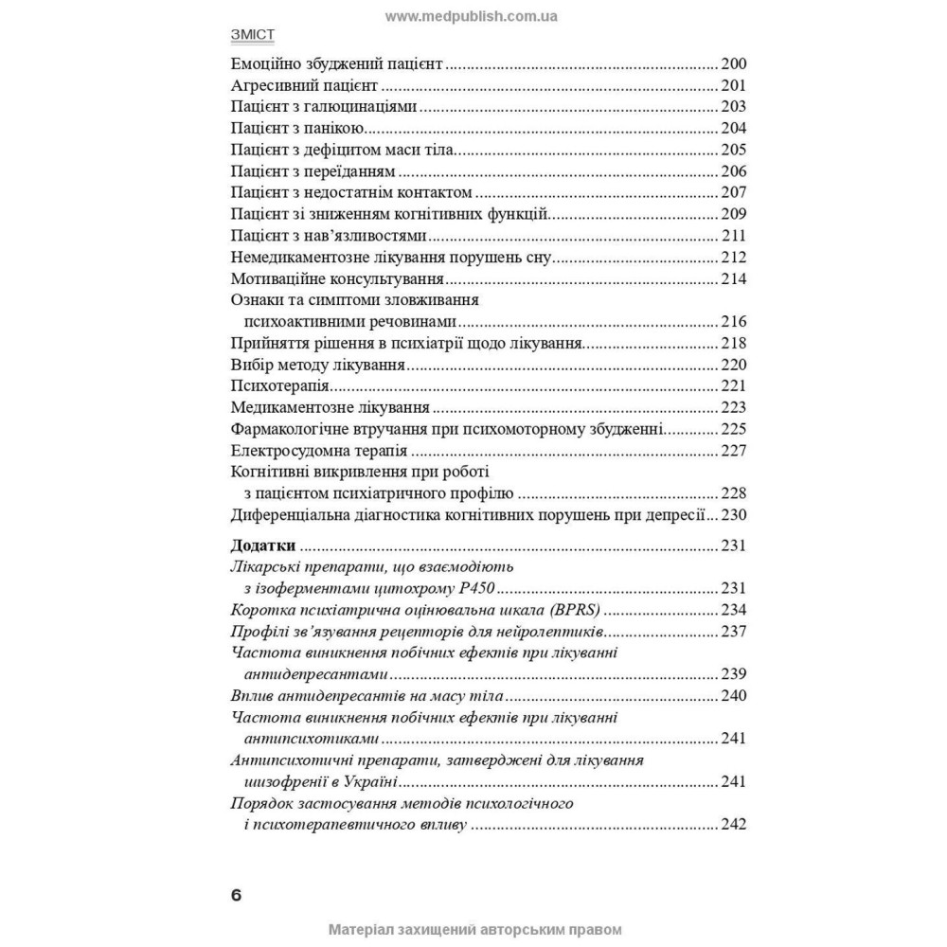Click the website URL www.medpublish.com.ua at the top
pyautogui.click(x=473, y=16)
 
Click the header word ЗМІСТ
pyautogui.click(x=253, y=36)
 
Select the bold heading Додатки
pyautogui.click(x=264, y=545)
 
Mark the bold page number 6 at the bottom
pyautogui.click(x=236, y=896)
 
